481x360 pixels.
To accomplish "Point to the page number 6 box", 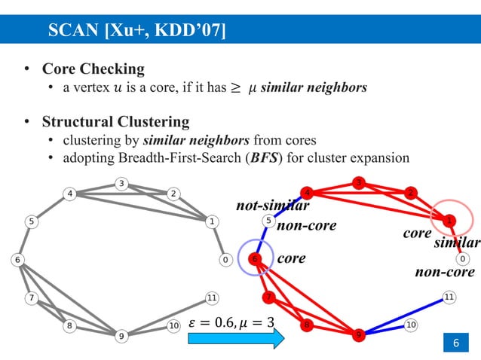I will (x=455, y=343).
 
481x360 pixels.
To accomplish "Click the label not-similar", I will (x=274, y=205).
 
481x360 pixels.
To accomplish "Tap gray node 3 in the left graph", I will (x=121, y=183).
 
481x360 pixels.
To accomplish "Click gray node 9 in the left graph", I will (x=121, y=336).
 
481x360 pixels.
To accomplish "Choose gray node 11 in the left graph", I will (x=212, y=297).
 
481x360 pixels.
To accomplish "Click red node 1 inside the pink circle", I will (x=449, y=221).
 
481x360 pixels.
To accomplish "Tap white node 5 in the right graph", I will (x=268, y=221).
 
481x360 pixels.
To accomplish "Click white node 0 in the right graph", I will (x=462, y=259).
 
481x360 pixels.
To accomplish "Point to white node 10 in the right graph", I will (x=411, y=325).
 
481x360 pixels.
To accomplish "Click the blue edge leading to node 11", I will (x=403, y=314).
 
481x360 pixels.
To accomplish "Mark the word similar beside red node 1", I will (x=457, y=243).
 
